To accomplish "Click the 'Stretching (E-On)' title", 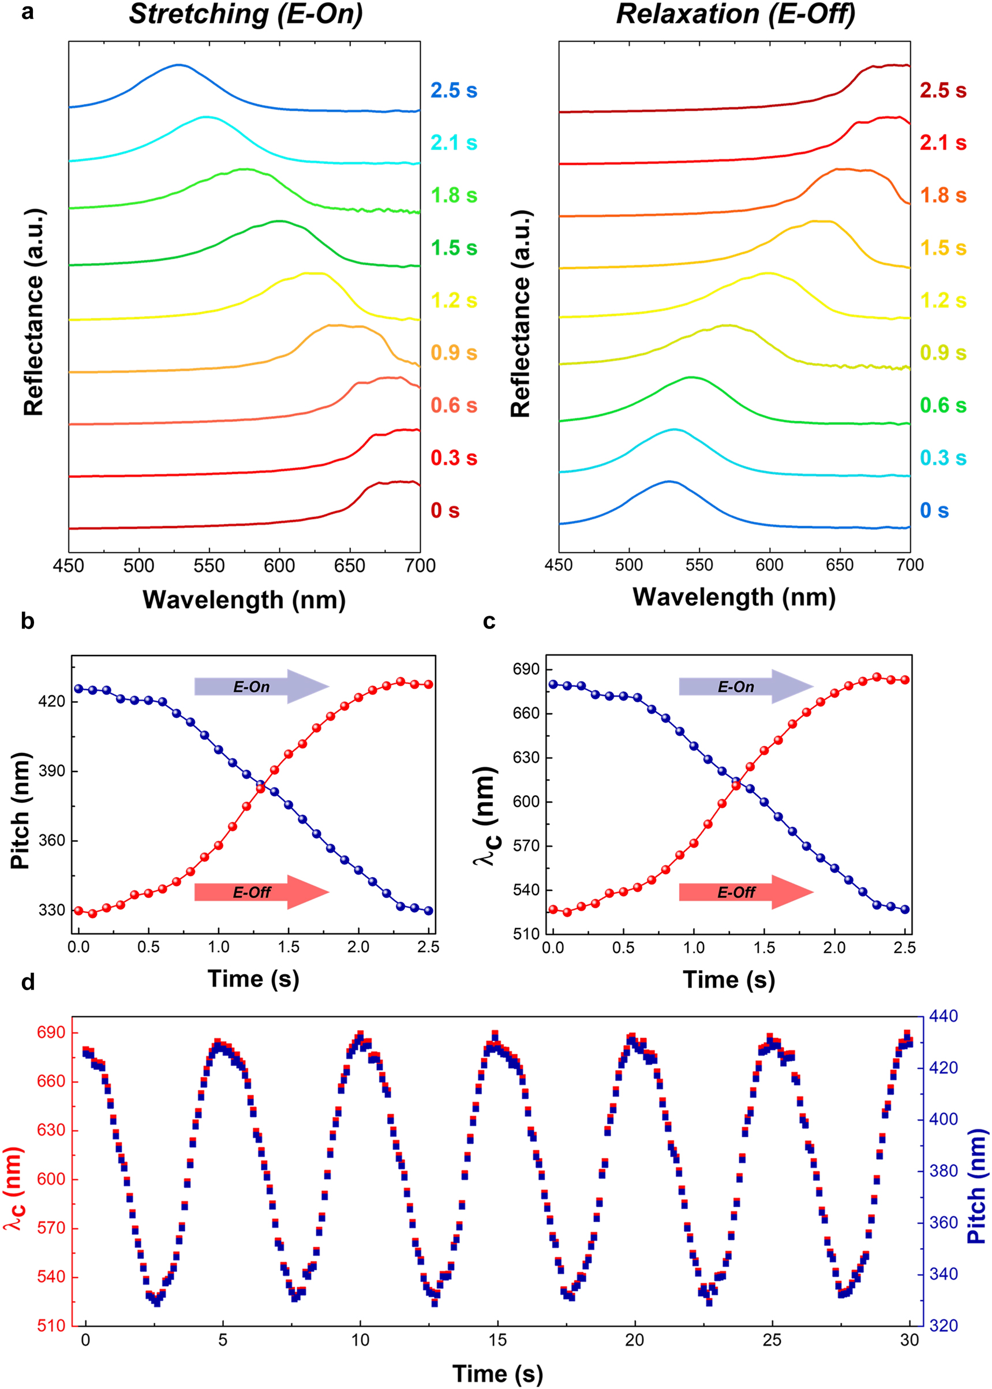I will click(246, 14).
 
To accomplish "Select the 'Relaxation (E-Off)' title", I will click(735, 14).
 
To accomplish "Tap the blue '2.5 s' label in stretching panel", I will click(453, 91).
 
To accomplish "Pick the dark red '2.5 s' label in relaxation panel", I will click(943, 91).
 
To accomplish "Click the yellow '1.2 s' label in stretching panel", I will click(453, 301).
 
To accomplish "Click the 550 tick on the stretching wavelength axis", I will click(209, 566).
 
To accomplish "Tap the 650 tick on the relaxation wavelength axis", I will click(839, 565).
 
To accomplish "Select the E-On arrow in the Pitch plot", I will click(261, 687).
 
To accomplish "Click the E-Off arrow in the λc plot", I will click(746, 892).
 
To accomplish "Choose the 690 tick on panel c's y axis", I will click(526, 669).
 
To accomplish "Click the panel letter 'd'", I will click(28, 982).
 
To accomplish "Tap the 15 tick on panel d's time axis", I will click(497, 1339).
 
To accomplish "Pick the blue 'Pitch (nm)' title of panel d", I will click(977, 1169).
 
